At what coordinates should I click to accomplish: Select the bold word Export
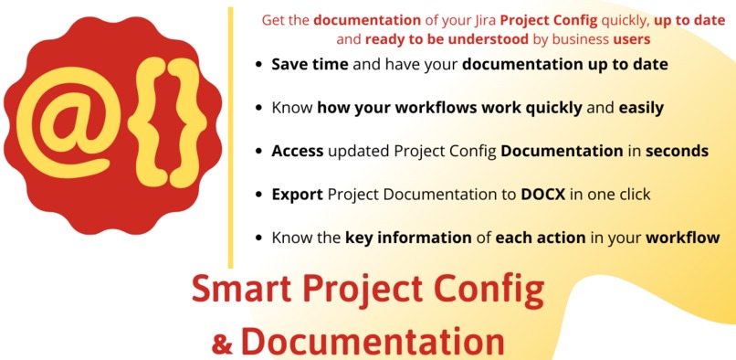point(297,195)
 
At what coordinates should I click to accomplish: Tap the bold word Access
point(298,151)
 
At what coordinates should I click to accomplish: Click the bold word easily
point(641,108)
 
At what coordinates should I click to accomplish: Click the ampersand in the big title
point(222,344)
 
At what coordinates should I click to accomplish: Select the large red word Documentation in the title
point(373,341)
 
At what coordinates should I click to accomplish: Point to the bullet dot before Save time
point(260,66)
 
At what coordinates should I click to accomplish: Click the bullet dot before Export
point(260,195)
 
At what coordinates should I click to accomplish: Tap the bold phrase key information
point(407,238)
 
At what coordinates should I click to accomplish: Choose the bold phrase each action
point(541,238)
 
